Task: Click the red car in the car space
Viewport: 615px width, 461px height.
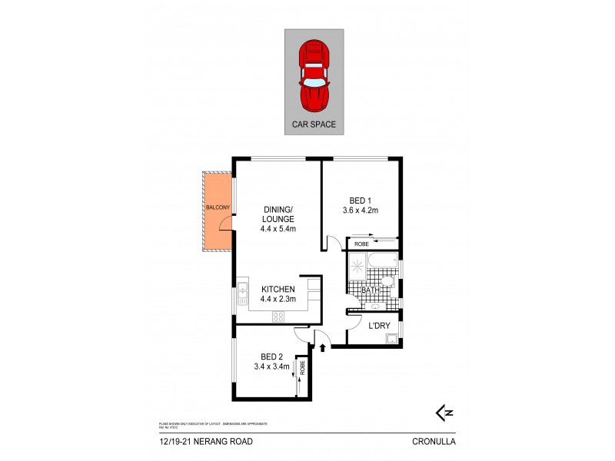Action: [314, 75]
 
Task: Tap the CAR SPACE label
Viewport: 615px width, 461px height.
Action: [314, 123]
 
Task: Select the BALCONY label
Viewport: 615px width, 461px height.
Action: [218, 207]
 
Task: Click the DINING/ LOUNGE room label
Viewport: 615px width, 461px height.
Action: [278, 214]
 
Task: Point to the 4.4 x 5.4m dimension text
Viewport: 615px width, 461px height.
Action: [279, 228]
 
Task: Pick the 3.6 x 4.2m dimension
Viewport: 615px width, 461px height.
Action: [361, 210]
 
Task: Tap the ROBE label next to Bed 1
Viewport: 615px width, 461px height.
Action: [361, 244]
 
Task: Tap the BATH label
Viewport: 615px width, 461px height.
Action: [370, 290]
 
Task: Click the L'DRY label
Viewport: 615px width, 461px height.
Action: [380, 326]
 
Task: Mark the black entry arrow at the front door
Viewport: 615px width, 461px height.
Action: [322, 347]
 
